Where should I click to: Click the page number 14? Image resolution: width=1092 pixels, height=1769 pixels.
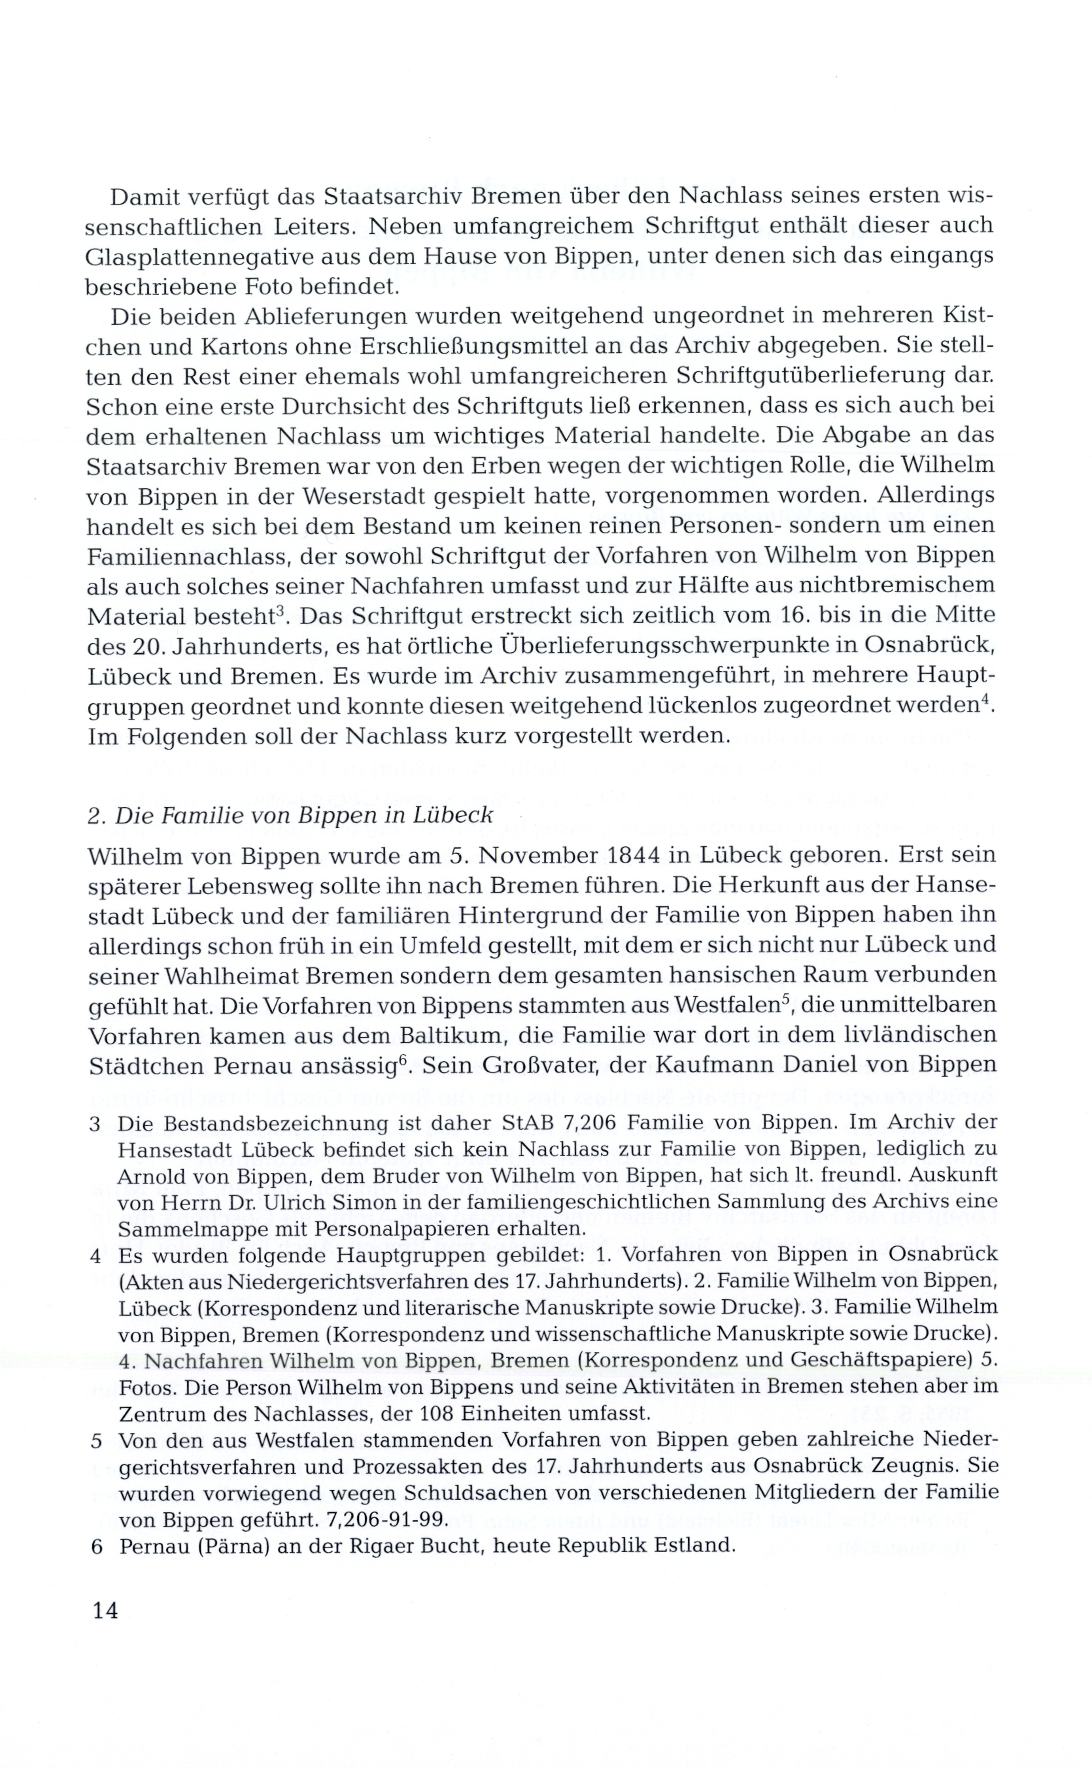[x=105, y=1610]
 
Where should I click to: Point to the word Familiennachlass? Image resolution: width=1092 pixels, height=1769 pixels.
[x=187, y=557]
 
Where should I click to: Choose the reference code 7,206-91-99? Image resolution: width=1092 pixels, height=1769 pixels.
[x=387, y=1520]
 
